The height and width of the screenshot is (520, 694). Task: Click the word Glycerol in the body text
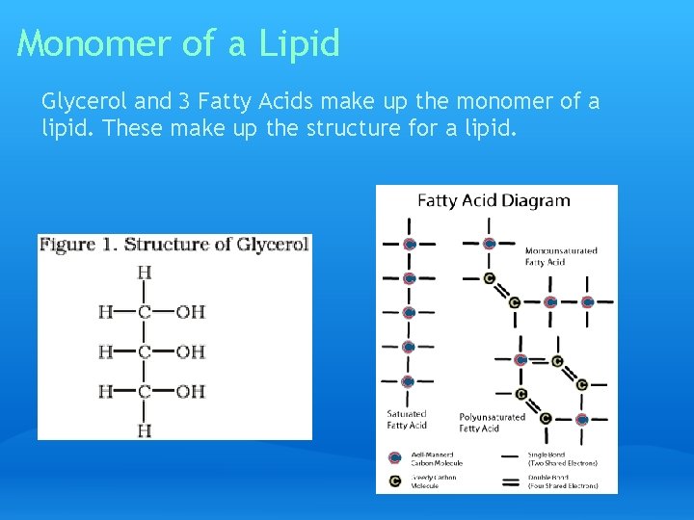[79, 101]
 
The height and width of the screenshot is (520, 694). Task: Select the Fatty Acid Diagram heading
[494, 201]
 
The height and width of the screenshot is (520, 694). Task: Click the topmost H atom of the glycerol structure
[145, 273]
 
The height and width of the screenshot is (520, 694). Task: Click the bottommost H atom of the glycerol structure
[145, 430]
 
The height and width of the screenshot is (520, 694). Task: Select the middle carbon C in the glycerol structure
[145, 351]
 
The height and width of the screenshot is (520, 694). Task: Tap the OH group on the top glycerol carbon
[191, 312]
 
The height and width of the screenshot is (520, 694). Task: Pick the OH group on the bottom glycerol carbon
[191, 391]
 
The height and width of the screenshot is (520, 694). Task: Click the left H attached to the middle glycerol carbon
[104, 351]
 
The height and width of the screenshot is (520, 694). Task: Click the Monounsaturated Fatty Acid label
[560, 255]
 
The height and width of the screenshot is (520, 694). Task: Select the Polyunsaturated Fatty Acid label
[492, 422]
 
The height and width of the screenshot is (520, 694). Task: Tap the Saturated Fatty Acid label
[406, 419]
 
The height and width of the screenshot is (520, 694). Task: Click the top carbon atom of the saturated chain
[409, 245]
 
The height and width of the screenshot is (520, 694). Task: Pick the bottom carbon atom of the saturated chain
[408, 381]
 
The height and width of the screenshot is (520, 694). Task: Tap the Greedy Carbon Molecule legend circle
[394, 480]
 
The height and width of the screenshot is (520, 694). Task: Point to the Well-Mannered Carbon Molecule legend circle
[394, 457]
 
